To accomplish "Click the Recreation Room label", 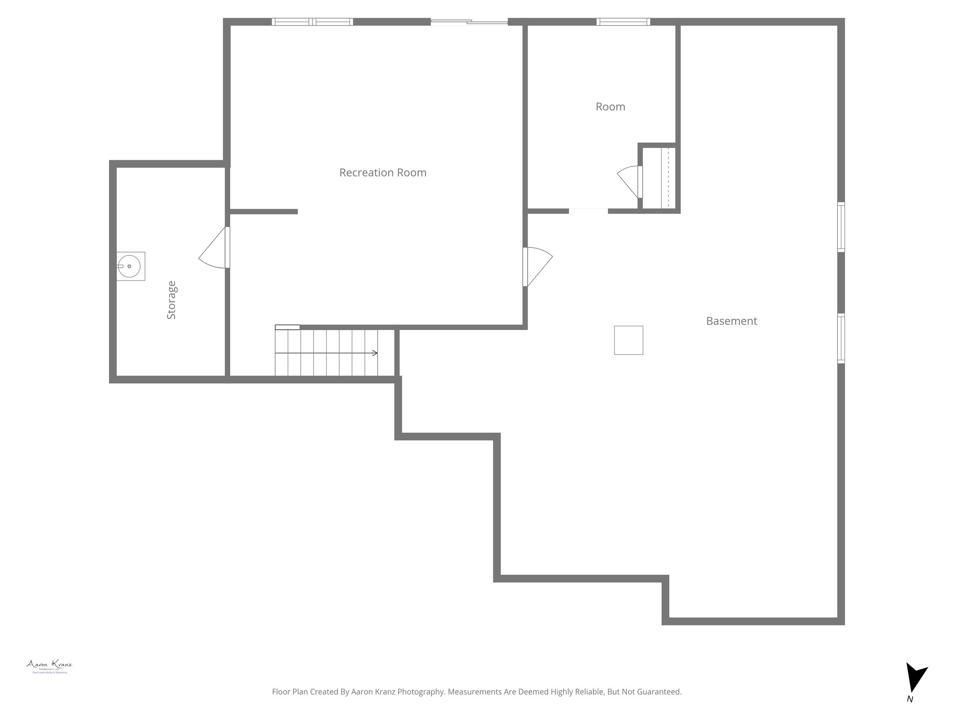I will pyautogui.click(x=382, y=173).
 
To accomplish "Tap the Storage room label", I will pyautogui.click(x=171, y=300).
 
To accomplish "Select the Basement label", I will pyautogui.click(x=731, y=321).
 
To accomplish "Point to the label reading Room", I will pyautogui.click(x=610, y=107).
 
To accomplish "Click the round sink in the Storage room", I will pyautogui.click(x=129, y=266).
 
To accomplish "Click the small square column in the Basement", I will pyautogui.click(x=628, y=340).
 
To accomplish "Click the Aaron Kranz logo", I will pyautogui.click(x=49, y=666).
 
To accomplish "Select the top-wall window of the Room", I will pyautogui.click(x=623, y=21).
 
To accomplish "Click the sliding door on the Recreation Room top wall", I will pyautogui.click(x=469, y=21).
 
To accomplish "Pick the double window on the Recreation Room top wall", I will pyautogui.click(x=312, y=21).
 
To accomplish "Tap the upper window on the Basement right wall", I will pyautogui.click(x=841, y=227).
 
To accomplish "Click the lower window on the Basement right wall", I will pyautogui.click(x=841, y=338).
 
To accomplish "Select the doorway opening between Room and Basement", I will pyautogui.click(x=588, y=211).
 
